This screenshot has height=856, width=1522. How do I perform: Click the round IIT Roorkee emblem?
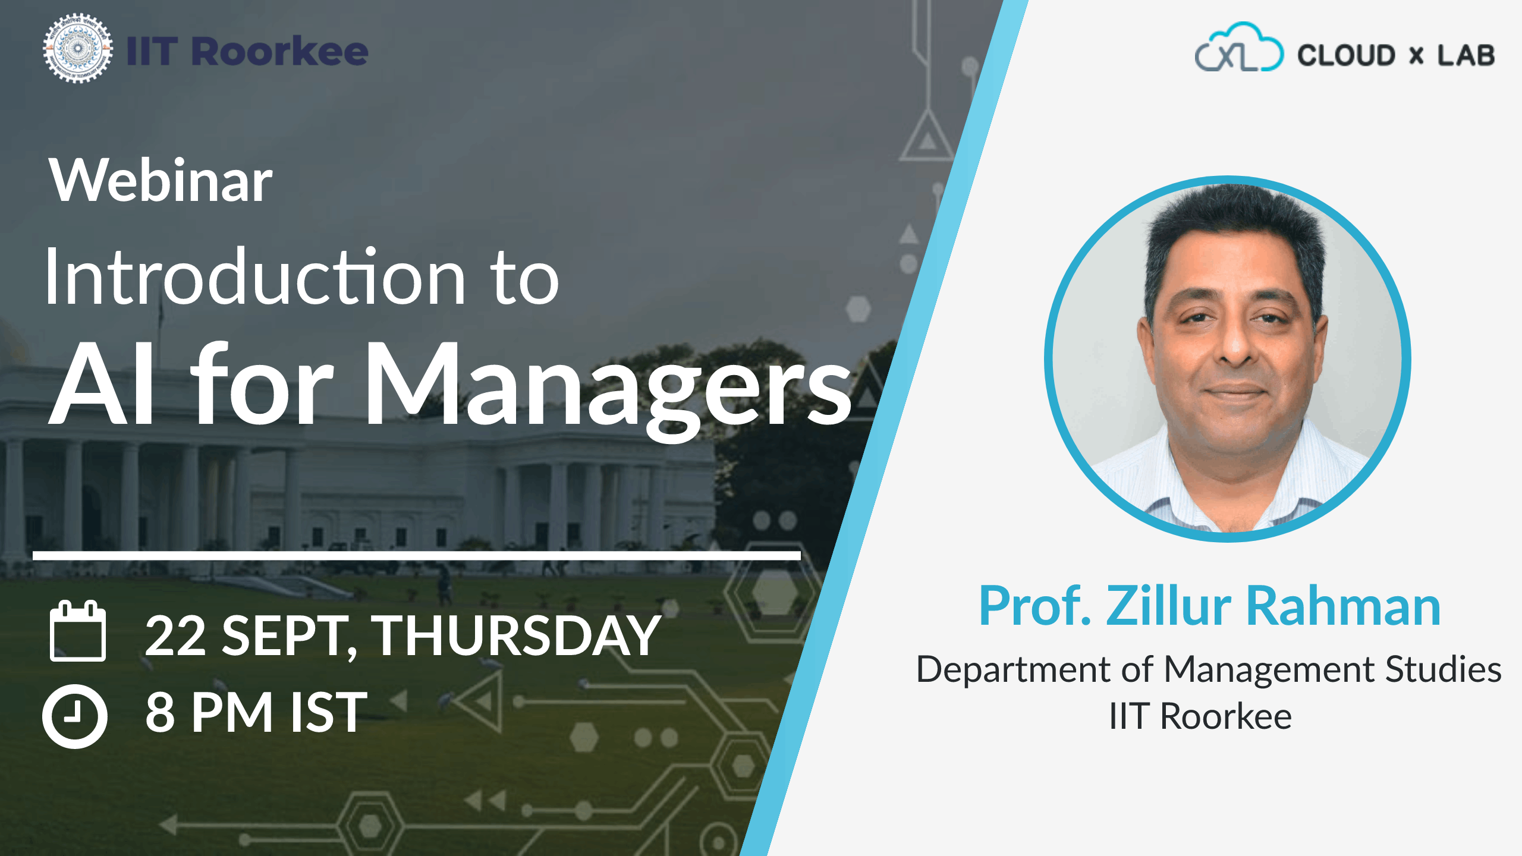(78, 48)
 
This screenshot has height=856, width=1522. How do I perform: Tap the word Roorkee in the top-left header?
(279, 51)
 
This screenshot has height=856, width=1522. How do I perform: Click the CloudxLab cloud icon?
(1238, 47)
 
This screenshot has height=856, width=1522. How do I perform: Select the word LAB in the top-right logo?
(1466, 55)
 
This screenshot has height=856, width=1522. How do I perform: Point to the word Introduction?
(255, 277)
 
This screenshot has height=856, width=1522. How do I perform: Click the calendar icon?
(78, 631)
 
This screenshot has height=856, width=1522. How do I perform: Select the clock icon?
(75, 716)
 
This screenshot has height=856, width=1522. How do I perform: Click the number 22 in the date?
(175, 635)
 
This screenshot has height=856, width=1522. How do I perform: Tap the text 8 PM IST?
(256, 712)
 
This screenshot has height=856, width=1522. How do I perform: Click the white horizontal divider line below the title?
(417, 555)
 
